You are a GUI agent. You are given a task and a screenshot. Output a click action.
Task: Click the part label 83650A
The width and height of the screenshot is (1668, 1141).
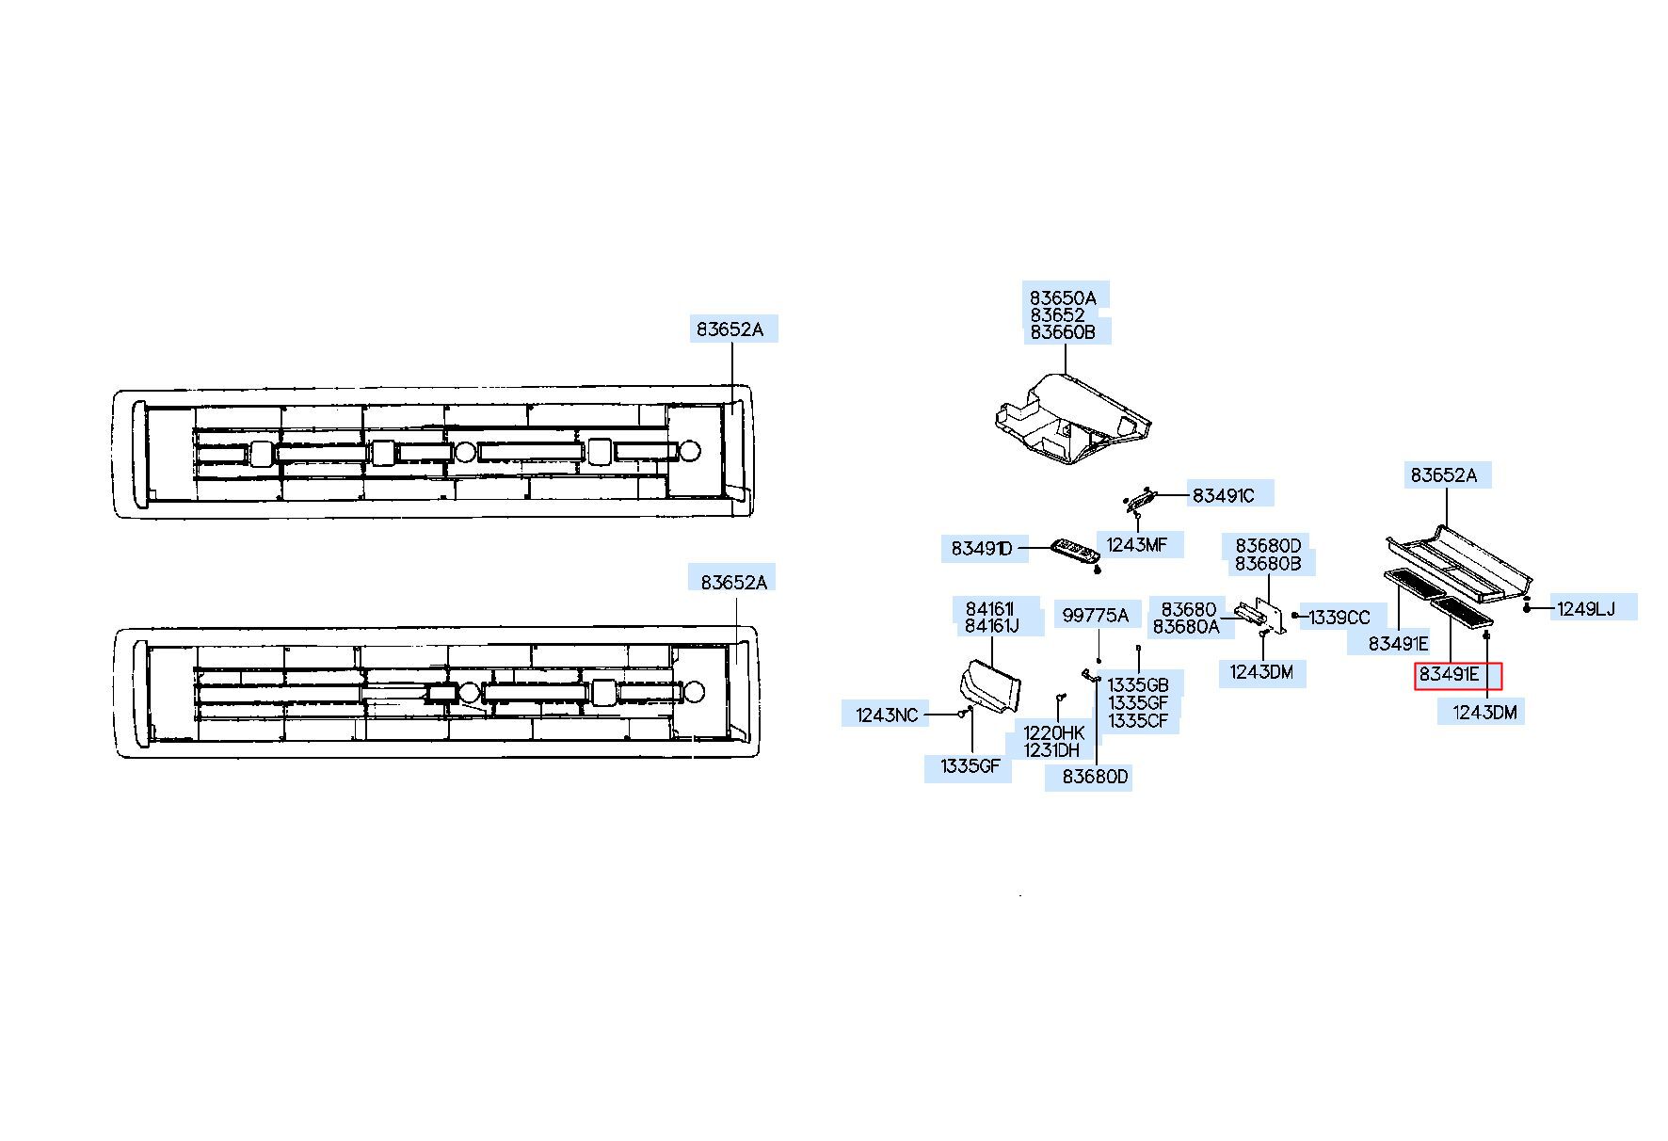pyautogui.click(x=1062, y=297)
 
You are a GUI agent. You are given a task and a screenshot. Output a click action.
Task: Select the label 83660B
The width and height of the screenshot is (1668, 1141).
pyautogui.click(x=1062, y=332)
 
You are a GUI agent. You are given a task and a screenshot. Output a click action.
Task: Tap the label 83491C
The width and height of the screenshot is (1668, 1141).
pyautogui.click(x=1223, y=495)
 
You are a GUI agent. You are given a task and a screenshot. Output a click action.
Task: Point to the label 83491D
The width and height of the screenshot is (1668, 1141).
pyautogui.click(x=981, y=548)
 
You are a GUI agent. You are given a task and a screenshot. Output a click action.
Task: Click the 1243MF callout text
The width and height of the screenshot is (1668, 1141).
pyautogui.click(x=1136, y=544)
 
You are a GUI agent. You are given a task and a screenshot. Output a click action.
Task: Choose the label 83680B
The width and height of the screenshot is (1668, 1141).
pyautogui.click(x=1267, y=563)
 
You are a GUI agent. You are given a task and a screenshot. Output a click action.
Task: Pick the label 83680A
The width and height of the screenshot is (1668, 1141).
pyautogui.click(x=1185, y=626)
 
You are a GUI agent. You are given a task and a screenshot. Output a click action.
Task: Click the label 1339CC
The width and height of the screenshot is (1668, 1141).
pyautogui.click(x=1339, y=618)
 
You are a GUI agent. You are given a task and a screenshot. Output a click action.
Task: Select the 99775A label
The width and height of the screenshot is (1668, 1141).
pyautogui.click(x=1095, y=616)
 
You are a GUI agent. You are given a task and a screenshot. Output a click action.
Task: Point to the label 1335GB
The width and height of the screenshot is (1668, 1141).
pyautogui.click(x=1137, y=684)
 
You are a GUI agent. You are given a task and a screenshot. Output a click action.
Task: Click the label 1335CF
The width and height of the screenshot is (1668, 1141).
pyautogui.click(x=1137, y=720)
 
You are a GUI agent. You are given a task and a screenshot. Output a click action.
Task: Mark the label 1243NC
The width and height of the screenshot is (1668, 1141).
pyautogui.click(x=886, y=715)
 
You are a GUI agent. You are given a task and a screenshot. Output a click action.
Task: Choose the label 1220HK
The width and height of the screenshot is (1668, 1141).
pyautogui.click(x=1053, y=732)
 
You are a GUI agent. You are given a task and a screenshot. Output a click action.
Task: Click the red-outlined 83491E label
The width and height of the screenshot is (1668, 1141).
pyautogui.click(x=1457, y=674)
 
